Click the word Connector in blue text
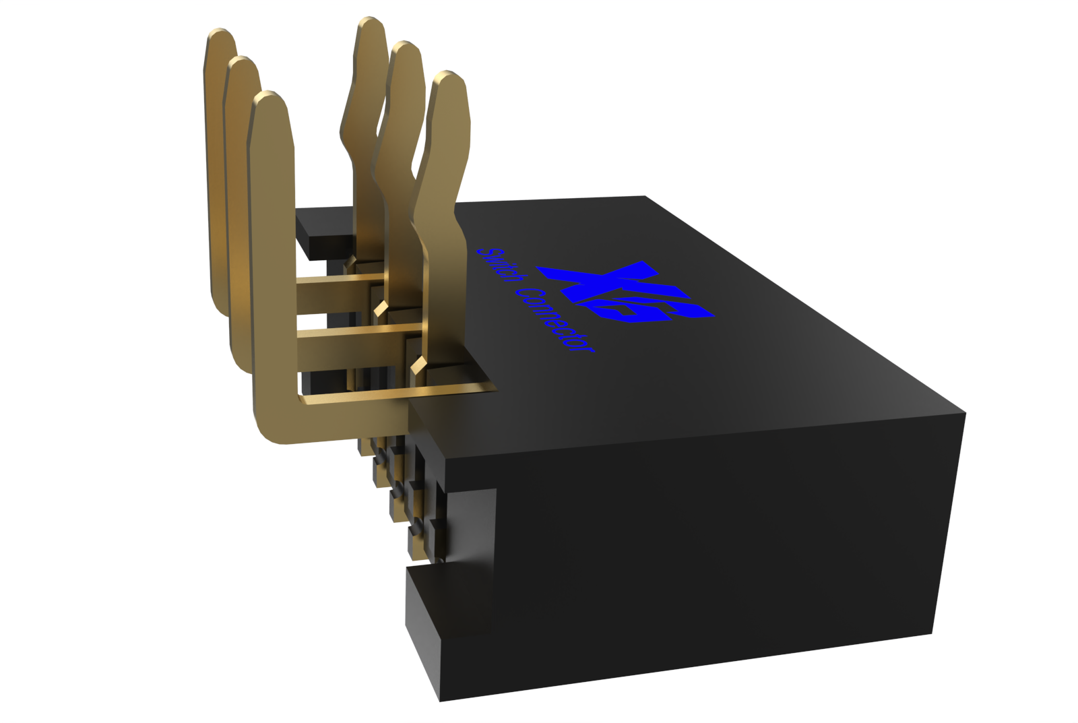pyautogui.click(x=557, y=321)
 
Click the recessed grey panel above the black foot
pyautogui.click(x=472, y=526)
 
